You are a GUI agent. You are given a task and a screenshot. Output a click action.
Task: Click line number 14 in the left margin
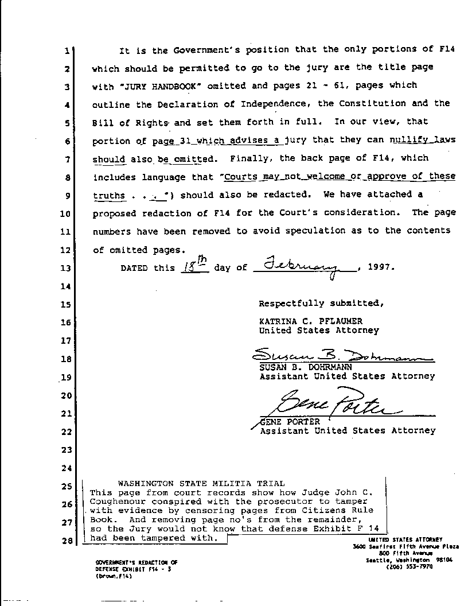coord(67,286)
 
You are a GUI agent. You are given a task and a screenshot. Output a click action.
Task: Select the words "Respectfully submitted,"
coord(319,304)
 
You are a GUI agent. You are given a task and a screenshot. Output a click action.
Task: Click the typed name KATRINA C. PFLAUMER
coord(310,321)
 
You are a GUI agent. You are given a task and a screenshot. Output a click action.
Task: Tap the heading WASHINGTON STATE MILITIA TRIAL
coord(201,483)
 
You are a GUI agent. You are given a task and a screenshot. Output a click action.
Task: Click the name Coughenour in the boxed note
coord(115,501)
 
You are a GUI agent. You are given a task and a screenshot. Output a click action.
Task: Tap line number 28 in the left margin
coord(67,541)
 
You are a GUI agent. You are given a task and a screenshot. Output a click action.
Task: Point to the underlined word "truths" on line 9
coord(108,195)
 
